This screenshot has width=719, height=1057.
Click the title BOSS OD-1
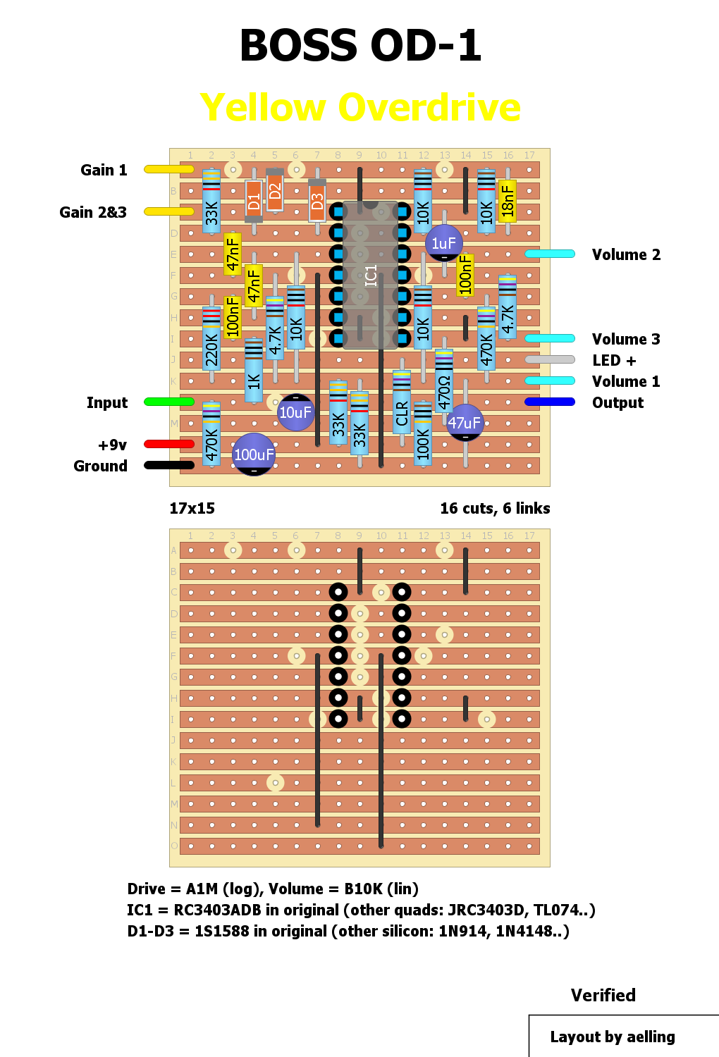pyautogui.click(x=360, y=46)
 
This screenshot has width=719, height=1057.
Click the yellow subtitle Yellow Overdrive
pyautogui.click(x=360, y=108)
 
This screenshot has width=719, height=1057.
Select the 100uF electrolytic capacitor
pyautogui.click(x=254, y=455)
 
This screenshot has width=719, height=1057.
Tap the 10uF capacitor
pyautogui.click(x=295, y=412)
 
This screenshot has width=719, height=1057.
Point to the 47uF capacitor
pyautogui.click(x=465, y=423)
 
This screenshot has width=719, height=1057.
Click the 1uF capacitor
pyautogui.click(x=443, y=243)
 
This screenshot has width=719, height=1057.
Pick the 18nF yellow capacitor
pyautogui.click(x=508, y=201)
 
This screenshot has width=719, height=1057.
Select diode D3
pyautogui.click(x=317, y=202)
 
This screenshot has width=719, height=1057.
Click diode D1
pyautogui.click(x=254, y=202)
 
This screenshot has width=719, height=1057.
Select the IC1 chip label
pyautogui.click(x=371, y=275)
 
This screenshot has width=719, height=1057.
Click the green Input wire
pyautogui.click(x=169, y=402)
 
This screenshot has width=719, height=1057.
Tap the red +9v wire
pyautogui.click(x=169, y=444)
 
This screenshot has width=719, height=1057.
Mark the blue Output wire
pyautogui.click(x=550, y=402)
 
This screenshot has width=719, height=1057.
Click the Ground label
pyautogui.click(x=100, y=466)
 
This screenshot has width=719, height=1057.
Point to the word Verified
pyautogui.click(x=603, y=995)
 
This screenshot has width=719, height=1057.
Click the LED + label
pyautogui.click(x=614, y=360)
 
